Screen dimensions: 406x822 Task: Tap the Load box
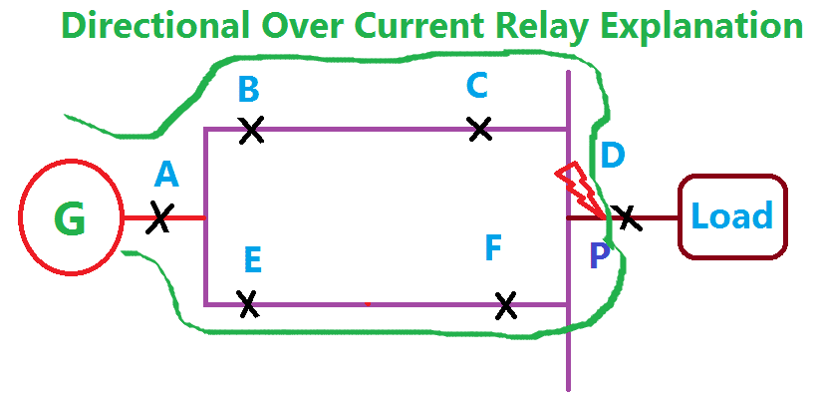coord(732,216)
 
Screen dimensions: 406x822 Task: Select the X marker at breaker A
coord(159,217)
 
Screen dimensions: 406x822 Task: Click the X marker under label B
coord(251,129)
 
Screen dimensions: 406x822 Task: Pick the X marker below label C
coord(480,129)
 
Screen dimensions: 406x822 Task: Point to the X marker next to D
coord(625,216)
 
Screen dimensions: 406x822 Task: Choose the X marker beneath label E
coord(249,303)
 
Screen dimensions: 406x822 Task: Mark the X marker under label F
coord(506,304)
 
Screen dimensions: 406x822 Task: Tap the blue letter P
coord(599,256)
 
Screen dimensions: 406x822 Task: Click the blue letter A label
coord(166,176)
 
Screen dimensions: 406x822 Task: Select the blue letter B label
coord(249,90)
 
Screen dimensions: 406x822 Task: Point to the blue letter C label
coord(477,86)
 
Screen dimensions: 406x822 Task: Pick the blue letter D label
coord(614,155)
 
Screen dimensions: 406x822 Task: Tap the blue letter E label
coord(252,260)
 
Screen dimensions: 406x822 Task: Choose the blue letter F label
coord(493,247)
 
